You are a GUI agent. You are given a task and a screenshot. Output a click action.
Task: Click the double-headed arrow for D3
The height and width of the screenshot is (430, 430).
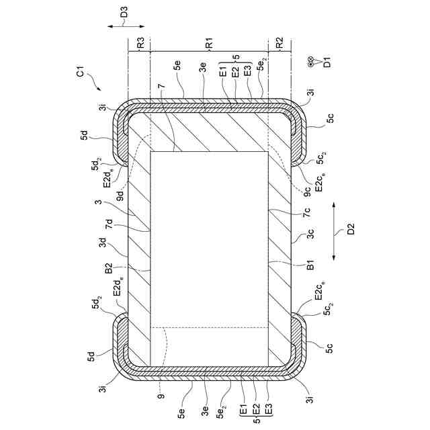coord(126,27)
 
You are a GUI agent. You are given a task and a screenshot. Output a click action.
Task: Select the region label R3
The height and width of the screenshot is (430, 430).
coord(141,42)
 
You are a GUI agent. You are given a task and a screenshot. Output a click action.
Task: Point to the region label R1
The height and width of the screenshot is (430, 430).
coord(210,43)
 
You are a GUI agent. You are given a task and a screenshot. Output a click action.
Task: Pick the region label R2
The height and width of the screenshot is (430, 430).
coord(279,42)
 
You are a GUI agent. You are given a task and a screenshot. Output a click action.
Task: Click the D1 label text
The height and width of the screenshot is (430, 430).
coord(327,62)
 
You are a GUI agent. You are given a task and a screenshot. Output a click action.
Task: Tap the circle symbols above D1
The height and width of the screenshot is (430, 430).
coord(310,62)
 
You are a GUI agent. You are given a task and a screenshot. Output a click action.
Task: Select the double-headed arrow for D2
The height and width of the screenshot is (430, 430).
coord(334,230)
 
